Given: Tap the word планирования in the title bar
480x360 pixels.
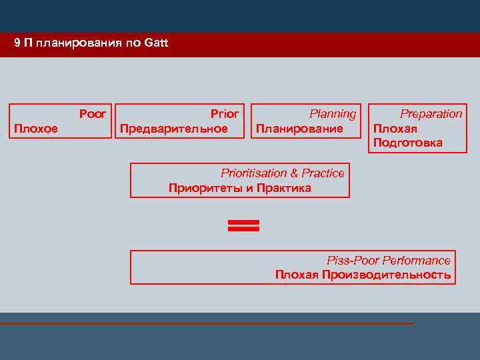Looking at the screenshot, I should [81, 43].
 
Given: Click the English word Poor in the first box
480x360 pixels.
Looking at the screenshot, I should [93, 114].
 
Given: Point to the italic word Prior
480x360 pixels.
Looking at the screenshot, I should [225, 114].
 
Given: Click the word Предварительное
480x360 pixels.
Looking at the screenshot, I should [173, 128].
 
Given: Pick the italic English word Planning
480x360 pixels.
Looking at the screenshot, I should [333, 114].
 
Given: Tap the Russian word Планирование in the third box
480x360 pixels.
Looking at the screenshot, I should [299, 128].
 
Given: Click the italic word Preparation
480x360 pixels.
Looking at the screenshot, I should [431, 114].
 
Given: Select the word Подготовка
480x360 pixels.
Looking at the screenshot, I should [407, 143].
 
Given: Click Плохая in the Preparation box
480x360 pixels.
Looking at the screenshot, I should [395, 129].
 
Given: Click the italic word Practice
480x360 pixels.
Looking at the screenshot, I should [323, 173].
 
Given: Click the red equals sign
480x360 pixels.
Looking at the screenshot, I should [243, 225].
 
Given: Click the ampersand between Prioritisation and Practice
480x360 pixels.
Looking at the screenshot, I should [294, 173].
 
